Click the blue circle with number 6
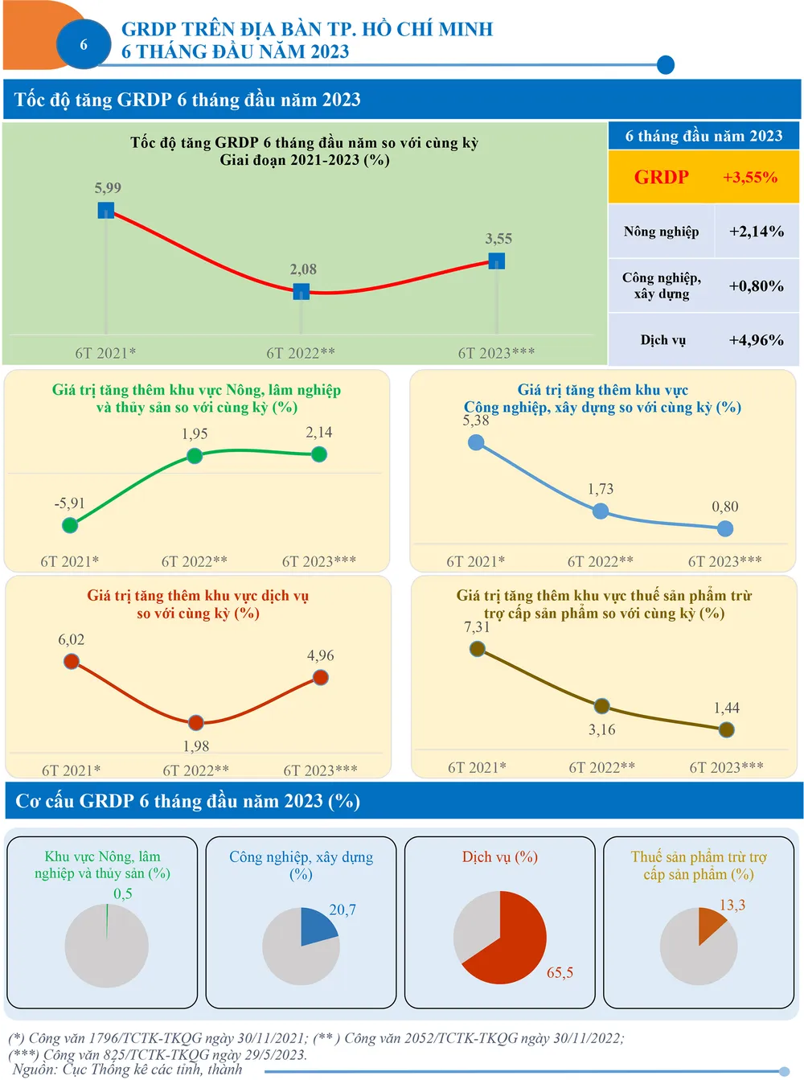84,45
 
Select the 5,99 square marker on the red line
106,211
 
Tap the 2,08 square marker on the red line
301,291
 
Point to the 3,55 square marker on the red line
497,261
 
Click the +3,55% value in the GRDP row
749,178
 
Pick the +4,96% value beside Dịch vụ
756,340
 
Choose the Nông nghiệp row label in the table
661,232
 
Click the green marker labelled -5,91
70,525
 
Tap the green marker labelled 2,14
319,454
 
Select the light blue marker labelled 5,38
476,442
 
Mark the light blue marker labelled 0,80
725,528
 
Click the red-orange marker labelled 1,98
196,722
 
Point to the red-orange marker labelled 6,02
72,661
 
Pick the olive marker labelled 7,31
478,649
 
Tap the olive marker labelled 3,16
601,707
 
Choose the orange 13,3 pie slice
709,923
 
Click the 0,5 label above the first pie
123,894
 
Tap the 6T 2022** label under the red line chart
301,353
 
